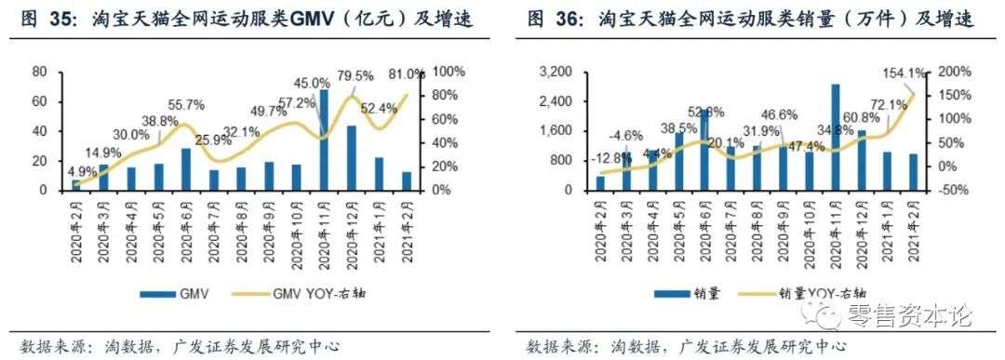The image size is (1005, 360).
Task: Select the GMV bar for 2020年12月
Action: tap(352, 158)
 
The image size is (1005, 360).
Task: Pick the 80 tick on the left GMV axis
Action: tap(39, 72)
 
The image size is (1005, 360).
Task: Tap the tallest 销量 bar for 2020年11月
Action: tap(836, 137)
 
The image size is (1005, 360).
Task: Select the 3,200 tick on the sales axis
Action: tap(556, 72)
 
